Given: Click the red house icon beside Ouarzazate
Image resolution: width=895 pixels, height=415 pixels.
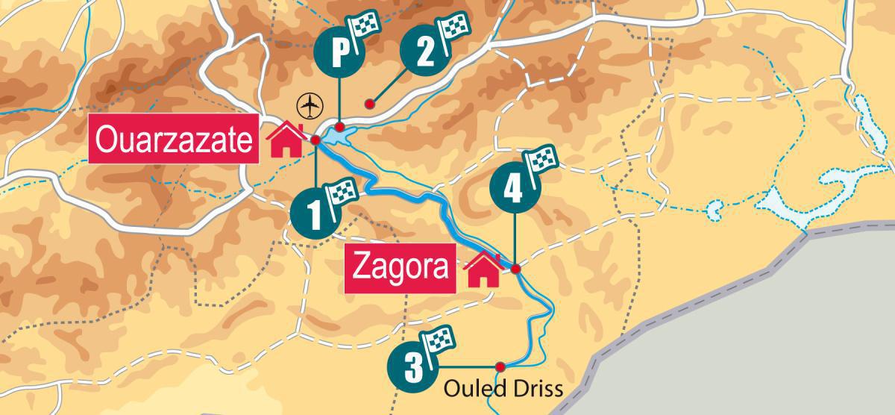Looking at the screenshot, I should point(285,140).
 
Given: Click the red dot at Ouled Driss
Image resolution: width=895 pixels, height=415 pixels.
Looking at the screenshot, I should point(500,366).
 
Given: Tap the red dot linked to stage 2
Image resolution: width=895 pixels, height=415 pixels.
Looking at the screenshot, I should point(368,104).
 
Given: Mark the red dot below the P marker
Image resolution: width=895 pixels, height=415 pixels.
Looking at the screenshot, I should point(339,126).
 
